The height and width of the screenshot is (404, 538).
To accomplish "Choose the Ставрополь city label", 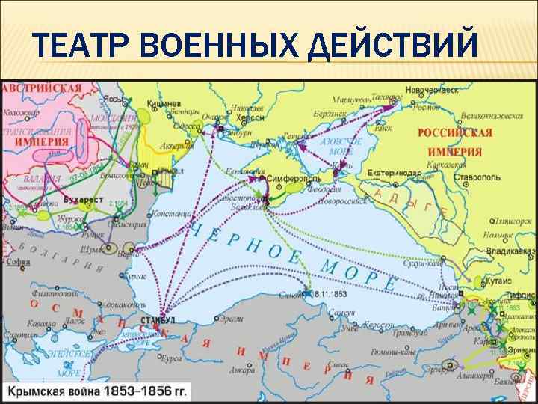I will point(456,180).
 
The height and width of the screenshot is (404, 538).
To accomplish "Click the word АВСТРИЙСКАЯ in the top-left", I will point(42,88).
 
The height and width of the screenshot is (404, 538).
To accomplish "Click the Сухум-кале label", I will point(444,264).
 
